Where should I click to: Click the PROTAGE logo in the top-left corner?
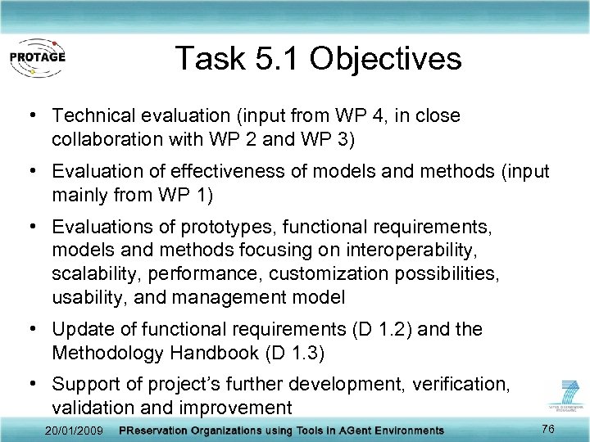tap(37, 57)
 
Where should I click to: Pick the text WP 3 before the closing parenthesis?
tap(324, 139)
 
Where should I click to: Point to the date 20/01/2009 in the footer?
tap(75, 430)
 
